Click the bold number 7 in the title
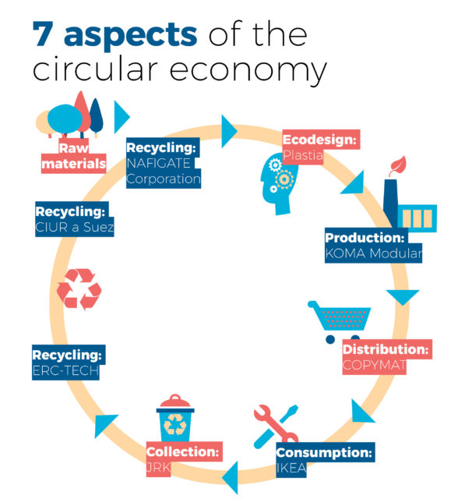(43, 34)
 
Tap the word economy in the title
(248, 70)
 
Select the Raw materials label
(73, 157)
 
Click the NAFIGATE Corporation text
(164, 172)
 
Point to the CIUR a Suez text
(74, 227)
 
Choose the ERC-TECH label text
(65, 371)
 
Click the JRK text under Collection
(158, 468)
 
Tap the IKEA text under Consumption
(291, 468)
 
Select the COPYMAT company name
(374, 366)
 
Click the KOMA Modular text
(373, 253)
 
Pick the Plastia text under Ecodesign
(303, 156)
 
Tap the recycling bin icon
(175, 418)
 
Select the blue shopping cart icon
(340, 321)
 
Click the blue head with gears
(278, 185)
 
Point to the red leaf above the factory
(398, 165)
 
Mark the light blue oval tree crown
(65, 119)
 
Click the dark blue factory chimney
(390, 203)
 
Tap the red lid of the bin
(175, 402)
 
